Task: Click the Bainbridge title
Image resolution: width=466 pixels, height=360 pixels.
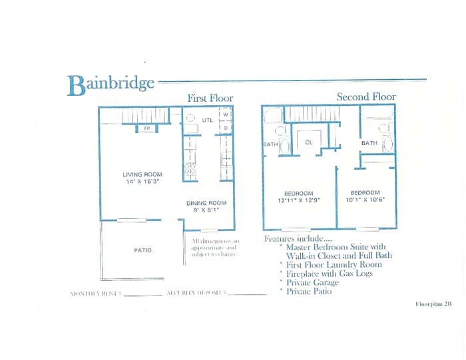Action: (111, 85)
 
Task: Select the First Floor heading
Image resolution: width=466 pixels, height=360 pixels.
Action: (210, 98)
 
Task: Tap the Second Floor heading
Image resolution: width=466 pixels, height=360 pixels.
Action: (365, 97)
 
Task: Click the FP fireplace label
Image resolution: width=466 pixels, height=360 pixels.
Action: (146, 128)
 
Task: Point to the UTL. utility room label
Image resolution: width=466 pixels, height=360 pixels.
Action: (207, 120)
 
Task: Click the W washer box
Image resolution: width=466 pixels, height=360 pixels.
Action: (226, 114)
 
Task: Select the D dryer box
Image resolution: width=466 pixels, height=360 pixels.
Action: (226, 127)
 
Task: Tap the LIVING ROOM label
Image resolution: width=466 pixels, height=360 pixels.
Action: (142, 174)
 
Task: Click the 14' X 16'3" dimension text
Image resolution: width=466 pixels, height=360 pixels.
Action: (142, 182)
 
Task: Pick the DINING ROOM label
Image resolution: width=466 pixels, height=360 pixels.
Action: (206, 203)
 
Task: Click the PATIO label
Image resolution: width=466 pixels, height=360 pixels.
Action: (142, 250)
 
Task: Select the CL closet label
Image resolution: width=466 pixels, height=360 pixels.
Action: (309, 142)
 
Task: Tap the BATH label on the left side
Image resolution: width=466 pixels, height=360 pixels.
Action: (270, 143)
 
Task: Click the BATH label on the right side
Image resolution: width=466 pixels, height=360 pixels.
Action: (369, 142)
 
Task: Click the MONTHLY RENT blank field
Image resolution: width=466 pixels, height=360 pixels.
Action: (142, 293)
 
